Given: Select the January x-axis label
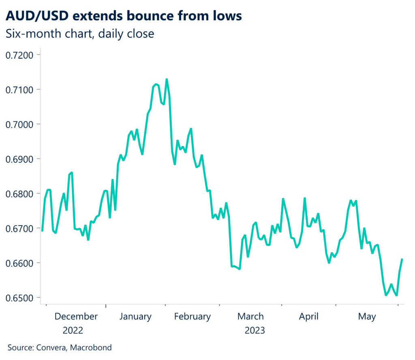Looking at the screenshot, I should pos(136,317).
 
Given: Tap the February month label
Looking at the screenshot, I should pos(193,317).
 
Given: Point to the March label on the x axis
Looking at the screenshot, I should pos(250,317).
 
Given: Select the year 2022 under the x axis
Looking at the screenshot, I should pos(73,330).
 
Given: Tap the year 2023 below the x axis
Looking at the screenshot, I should pos(255,330).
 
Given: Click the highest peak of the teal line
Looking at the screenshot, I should pos(167,79).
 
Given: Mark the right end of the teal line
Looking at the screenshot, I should pos(402,259).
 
